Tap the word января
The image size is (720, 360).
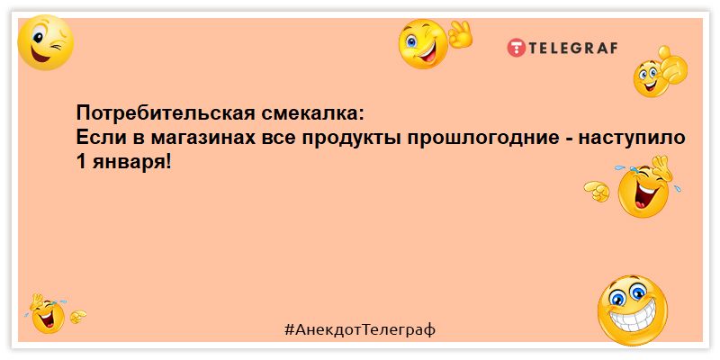click(131, 162)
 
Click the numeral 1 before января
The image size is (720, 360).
click(81, 161)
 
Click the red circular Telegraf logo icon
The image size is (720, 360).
click(516, 48)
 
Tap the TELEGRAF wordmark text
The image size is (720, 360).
click(573, 48)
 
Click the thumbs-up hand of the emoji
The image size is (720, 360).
click(670, 64)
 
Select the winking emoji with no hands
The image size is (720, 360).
click(46, 42)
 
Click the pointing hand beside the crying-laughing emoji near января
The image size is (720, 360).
click(597, 191)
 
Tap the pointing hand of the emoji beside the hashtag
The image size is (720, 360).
click(77, 317)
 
